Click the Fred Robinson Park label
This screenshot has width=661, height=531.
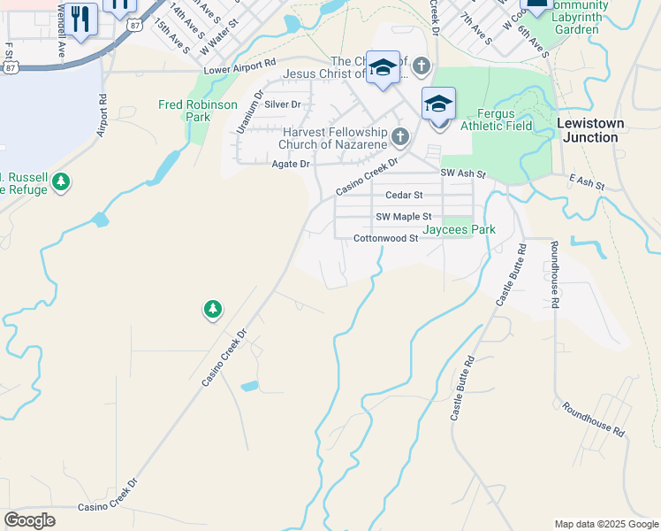tap(197, 111)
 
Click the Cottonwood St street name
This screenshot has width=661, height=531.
tap(385, 238)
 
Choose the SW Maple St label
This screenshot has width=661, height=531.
tap(403, 217)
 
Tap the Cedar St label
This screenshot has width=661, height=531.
tap(404, 195)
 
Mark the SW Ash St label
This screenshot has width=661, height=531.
tap(463, 174)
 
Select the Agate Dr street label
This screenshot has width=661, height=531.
tap(291, 164)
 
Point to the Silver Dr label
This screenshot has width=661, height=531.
tap(283, 104)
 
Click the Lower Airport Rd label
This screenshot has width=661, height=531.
tap(239, 69)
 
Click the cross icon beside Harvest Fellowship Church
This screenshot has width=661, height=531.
tap(400, 136)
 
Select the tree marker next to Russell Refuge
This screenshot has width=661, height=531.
tap(60, 182)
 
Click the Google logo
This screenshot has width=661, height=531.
tap(29, 520)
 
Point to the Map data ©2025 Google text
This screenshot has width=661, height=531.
tap(605, 524)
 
